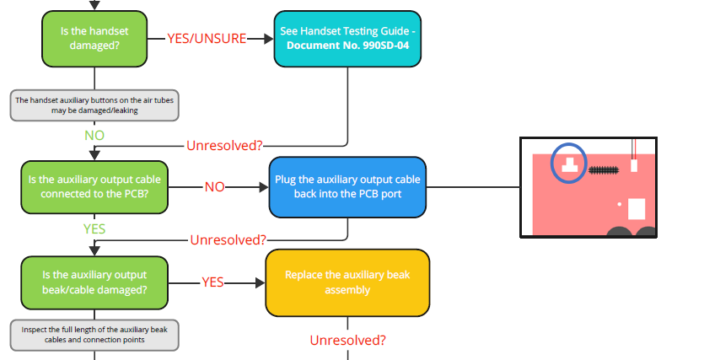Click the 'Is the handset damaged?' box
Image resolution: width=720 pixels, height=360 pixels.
click(94, 39)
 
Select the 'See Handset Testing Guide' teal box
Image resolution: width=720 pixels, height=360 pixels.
click(348, 39)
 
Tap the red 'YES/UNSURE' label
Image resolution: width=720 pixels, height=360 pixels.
click(207, 39)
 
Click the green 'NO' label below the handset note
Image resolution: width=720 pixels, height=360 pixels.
click(94, 135)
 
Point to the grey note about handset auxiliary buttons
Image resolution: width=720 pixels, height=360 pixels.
click(94, 105)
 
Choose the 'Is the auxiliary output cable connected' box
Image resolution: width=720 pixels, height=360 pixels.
click(94, 185)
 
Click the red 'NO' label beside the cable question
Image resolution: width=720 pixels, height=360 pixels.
click(214, 186)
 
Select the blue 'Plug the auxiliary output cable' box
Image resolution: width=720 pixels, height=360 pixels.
click(347, 186)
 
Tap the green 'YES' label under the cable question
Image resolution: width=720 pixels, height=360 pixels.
click(94, 228)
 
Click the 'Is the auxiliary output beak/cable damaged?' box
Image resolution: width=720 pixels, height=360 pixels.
click(94, 282)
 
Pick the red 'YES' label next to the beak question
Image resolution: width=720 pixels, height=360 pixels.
click(212, 282)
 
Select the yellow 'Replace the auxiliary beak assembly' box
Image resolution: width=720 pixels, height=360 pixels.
click(347, 282)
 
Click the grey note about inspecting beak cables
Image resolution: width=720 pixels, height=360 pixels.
click(94, 335)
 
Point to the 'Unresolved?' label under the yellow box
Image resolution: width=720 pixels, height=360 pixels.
click(347, 341)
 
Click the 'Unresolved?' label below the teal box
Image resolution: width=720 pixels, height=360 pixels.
click(224, 145)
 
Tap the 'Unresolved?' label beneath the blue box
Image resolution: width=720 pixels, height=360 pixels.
click(228, 239)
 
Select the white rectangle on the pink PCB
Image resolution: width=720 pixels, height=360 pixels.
click(637, 208)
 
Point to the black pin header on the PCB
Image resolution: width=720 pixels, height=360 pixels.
click(602, 169)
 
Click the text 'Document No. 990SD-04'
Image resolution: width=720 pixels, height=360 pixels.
click(348, 46)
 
